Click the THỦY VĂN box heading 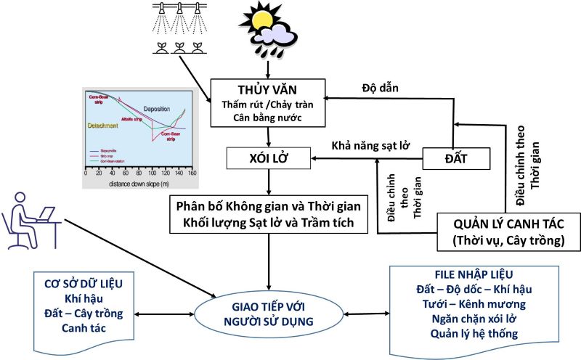click(x=267, y=91)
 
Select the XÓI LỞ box click(x=268, y=156)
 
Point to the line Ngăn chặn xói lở click(x=472, y=319)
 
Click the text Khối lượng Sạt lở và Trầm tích click(x=268, y=223)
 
